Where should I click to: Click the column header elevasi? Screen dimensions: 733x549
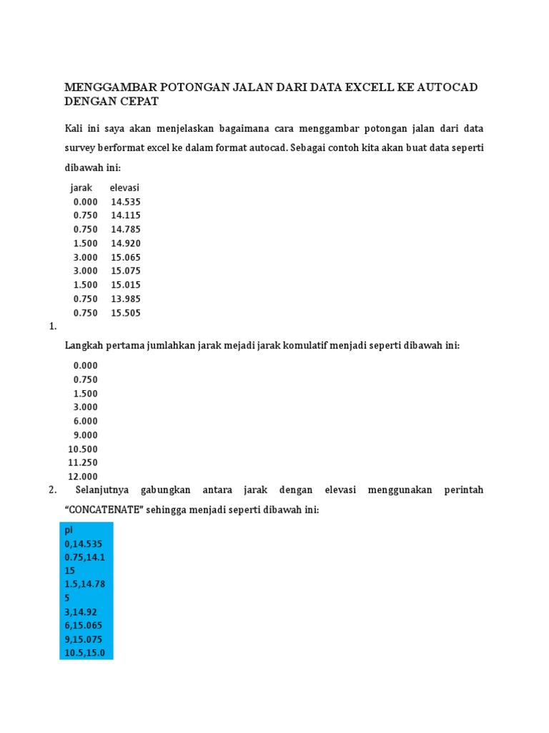tap(124, 188)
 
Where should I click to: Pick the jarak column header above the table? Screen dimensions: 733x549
tap(81, 188)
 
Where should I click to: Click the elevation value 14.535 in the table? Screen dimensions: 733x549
tap(126, 202)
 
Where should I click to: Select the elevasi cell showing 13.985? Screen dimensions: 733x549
tap(126, 298)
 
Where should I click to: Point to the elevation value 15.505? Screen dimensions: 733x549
tap(126, 313)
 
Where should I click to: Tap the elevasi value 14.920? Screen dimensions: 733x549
tap(126, 243)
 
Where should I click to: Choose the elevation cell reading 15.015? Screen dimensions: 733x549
tap(126, 285)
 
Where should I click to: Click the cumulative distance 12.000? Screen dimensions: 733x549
tap(83, 477)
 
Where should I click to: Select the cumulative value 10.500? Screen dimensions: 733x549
tap(83, 449)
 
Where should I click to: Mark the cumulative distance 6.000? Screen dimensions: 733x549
tap(85, 422)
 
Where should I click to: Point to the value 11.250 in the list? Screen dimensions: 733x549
tap(83, 462)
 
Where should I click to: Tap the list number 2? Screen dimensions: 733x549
tap(52, 490)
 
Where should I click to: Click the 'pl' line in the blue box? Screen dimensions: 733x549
tap(69, 530)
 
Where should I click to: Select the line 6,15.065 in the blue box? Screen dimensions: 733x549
tap(84, 626)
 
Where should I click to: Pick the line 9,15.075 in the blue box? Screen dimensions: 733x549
tap(84, 639)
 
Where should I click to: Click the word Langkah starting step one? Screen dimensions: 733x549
tap(84, 345)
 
